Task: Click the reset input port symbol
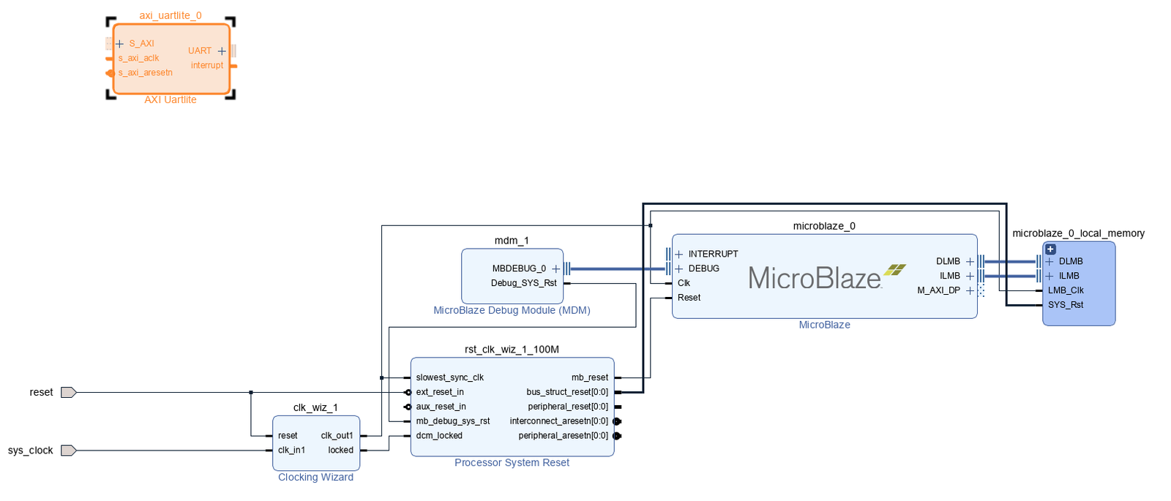(68, 393)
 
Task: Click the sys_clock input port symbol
(68, 451)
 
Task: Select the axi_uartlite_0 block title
(171, 15)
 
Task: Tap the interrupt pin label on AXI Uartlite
(207, 65)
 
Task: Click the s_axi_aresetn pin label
(146, 72)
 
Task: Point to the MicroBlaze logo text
(815, 279)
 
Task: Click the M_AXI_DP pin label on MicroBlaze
(938, 290)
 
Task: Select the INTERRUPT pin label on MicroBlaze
(713, 254)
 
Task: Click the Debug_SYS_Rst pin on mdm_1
(523, 283)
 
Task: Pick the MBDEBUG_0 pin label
(519, 268)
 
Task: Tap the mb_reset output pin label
(589, 377)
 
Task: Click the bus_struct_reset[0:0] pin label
(567, 392)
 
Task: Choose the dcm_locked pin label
(439, 435)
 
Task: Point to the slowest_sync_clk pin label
(449, 377)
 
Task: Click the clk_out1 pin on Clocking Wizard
(337, 435)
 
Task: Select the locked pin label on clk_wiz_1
(340, 450)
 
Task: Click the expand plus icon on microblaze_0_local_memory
(1050, 249)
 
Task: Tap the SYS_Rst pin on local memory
(1066, 305)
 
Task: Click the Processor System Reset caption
(512, 462)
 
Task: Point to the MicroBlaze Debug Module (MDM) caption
(512, 310)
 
